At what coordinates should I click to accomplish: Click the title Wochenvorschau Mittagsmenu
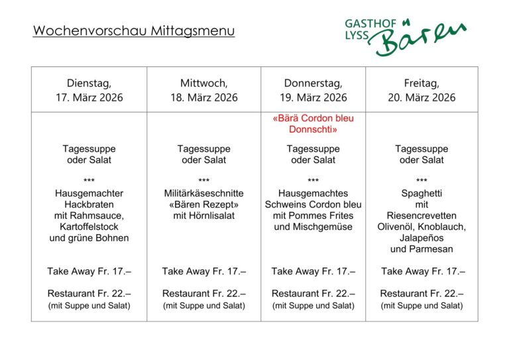click(x=134, y=30)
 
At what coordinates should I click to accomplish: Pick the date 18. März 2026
click(x=204, y=97)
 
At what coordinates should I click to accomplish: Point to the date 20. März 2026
click(x=422, y=97)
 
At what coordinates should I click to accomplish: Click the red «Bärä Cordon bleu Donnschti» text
click(x=313, y=124)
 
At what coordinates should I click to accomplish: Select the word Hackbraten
click(x=89, y=204)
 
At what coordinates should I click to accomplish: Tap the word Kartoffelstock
click(x=89, y=227)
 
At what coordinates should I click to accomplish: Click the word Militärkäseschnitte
click(x=204, y=193)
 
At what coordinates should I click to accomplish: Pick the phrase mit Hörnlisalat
click(x=204, y=215)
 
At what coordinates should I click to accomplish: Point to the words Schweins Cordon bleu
click(x=313, y=204)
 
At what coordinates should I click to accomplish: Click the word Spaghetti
click(x=422, y=193)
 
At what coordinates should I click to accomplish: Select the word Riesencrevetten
click(x=422, y=215)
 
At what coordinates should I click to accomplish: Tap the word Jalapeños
click(x=422, y=238)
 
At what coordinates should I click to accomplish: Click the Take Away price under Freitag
click(x=423, y=271)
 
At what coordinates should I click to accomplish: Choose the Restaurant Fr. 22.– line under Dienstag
click(x=89, y=293)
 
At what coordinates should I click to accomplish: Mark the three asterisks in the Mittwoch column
click(x=204, y=180)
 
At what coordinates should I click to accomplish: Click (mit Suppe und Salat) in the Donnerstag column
click(x=313, y=306)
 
